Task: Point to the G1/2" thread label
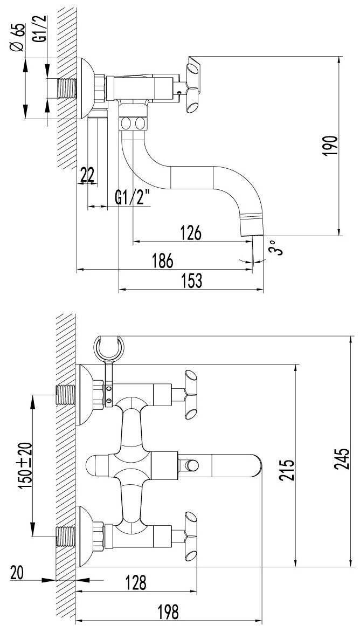pos(132,198)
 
